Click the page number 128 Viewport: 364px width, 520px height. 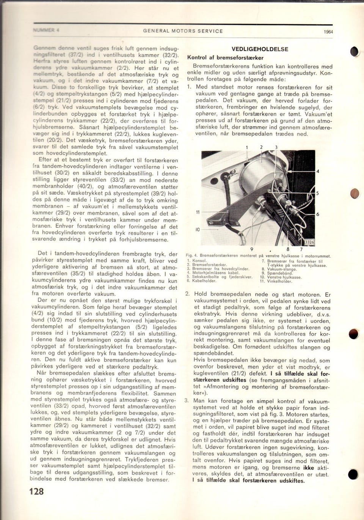pos(37,492)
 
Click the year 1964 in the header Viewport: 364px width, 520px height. pos(328,32)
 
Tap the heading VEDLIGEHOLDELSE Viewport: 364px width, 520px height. pos(260,49)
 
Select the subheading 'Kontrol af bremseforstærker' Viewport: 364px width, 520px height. pos(225,58)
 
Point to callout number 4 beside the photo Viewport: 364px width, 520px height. pos(318,171)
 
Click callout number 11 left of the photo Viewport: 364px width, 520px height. pos(198,212)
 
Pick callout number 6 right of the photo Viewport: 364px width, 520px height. pos(318,214)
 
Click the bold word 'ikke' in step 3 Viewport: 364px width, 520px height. pos(308,468)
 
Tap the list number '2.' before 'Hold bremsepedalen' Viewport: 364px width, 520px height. pos(187,294)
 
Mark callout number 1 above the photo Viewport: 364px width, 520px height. pos(246,147)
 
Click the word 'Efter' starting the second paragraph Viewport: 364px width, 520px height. pos(45,159)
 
